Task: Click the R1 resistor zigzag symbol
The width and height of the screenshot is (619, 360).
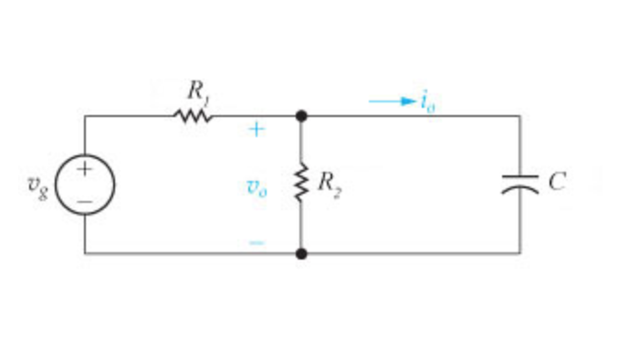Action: (194, 116)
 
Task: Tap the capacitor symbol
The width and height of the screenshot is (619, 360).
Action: (520, 184)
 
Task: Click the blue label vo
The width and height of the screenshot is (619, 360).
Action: (257, 188)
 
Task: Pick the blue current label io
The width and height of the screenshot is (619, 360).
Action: (426, 101)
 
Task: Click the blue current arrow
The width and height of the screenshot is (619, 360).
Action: (393, 101)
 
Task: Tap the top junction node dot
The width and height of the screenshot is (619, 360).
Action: (300, 116)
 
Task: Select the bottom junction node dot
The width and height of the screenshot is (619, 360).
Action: (300, 253)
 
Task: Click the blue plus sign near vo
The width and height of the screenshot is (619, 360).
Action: (257, 131)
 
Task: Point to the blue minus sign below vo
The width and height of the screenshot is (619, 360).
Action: (257, 243)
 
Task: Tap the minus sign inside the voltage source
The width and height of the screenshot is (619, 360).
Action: (85, 198)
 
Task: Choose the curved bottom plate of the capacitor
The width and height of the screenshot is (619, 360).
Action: (520, 189)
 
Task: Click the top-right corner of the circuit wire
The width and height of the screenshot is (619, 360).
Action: (520, 116)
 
